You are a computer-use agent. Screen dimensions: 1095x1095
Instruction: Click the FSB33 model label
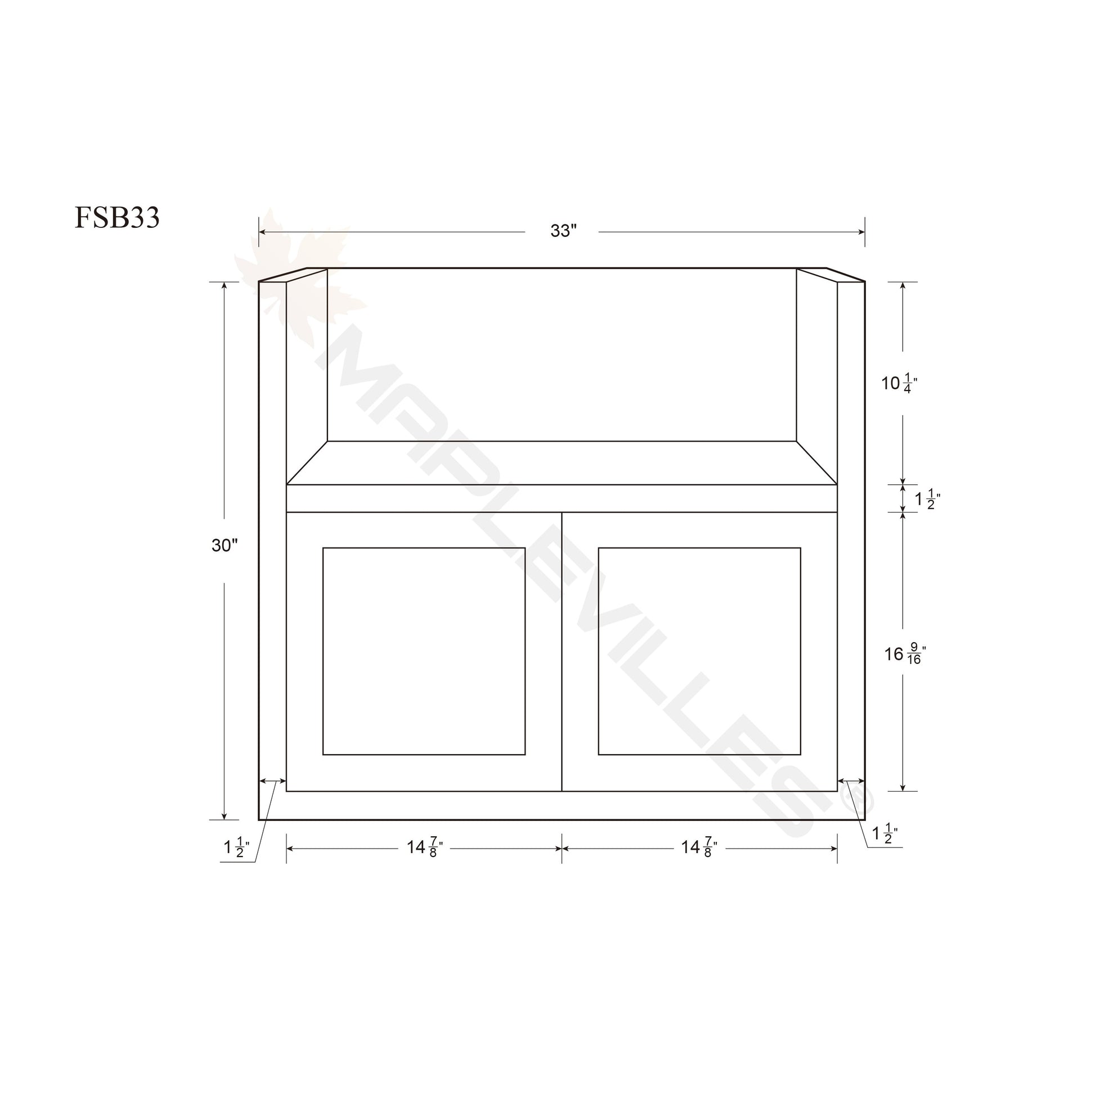116,218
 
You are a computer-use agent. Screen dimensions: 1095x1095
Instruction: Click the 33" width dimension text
563,231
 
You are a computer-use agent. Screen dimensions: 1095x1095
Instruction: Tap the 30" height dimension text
225,545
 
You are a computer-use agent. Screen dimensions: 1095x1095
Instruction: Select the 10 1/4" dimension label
899,384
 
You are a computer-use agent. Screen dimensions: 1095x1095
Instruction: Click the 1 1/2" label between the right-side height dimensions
928,499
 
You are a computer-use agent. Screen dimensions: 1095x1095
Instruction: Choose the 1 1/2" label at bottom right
885,834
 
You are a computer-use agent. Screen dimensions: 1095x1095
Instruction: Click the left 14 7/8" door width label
424,847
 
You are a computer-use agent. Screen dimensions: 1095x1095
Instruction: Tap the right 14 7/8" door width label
699,847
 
